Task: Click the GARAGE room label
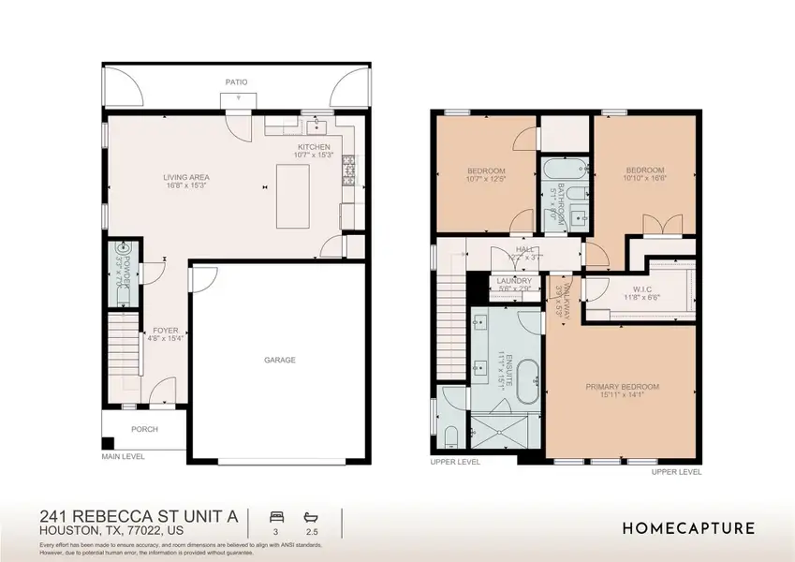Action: tap(279, 360)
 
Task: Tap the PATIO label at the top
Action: tap(236, 82)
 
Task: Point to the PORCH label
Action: tap(144, 430)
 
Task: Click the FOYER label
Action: tap(166, 331)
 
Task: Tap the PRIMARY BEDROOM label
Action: tap(623, 387)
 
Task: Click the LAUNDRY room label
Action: tap(515, 281)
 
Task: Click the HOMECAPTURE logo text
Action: tap(688, 528)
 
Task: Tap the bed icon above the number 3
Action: tap(276, 517)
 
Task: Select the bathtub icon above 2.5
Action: tap(311, 517)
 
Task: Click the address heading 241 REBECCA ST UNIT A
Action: tap(139, 516)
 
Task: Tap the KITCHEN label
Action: tap(314, 148)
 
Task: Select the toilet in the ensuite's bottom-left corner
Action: tap(451, 436)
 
